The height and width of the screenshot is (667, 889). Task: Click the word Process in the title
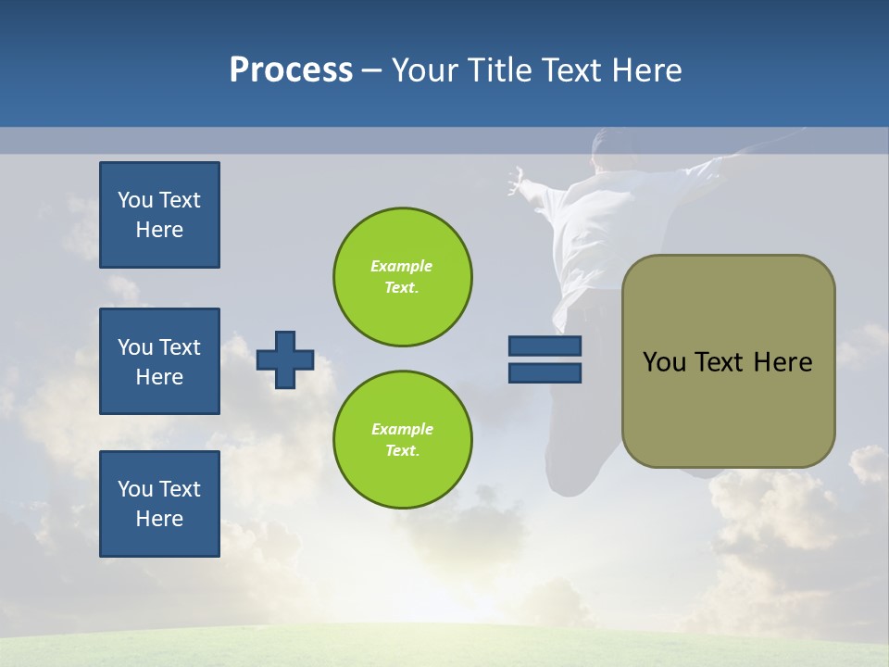[x=291, y=70]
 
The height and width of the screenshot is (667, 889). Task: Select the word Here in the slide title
[x=646, y=70]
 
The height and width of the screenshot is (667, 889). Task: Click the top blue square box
[x=159, y=215]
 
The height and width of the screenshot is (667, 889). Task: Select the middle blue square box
[x=159, y=361]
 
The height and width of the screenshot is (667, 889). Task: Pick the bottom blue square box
[x=159, y=504]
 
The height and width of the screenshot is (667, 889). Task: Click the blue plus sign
[x=285, y=359]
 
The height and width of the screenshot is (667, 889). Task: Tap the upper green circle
[x=403, y=277]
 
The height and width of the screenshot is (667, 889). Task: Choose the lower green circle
[x=403, y=440]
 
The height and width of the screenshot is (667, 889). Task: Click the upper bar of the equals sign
[x=545, y=346]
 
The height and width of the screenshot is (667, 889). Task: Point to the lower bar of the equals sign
[x=545, y=373]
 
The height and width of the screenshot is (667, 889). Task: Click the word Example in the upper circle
[x=401, y=266]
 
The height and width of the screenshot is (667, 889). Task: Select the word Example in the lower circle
[x=402, y=429]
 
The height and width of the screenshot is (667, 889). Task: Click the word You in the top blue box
[x=135, y=200]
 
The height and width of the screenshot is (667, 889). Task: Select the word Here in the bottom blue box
[x=159, y=519]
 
